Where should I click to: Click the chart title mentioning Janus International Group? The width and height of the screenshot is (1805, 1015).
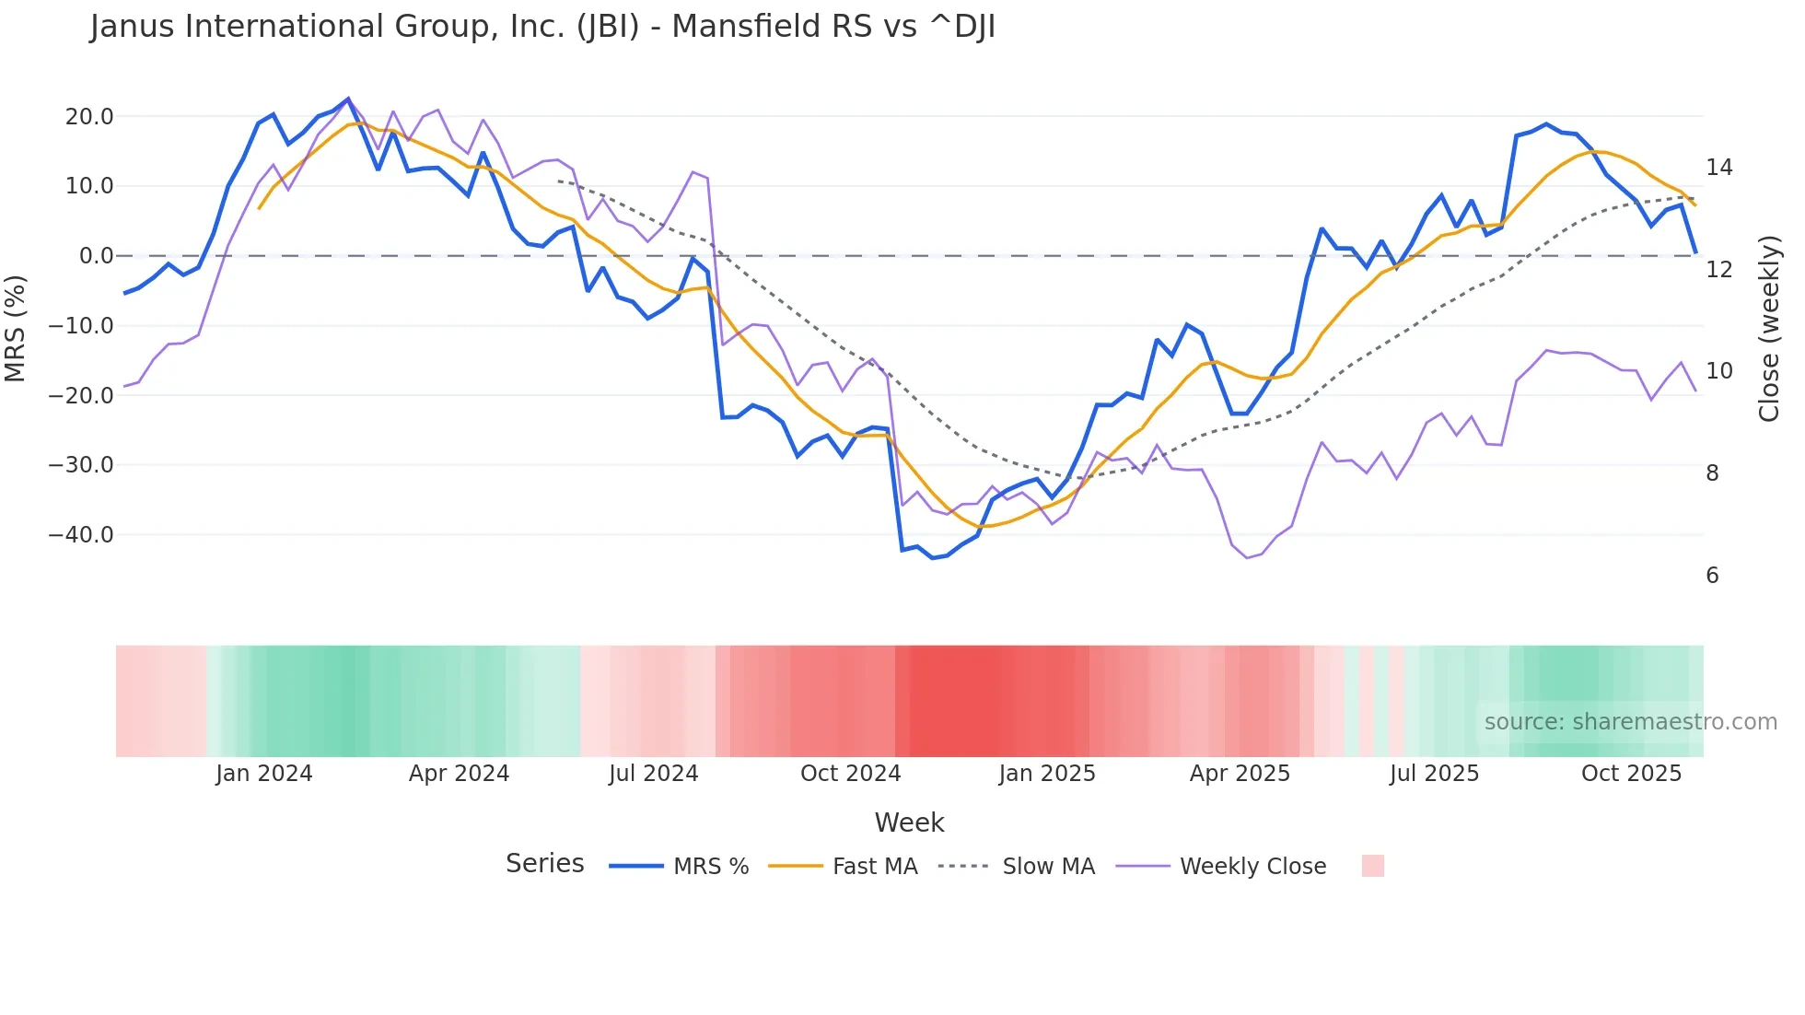[542, 27]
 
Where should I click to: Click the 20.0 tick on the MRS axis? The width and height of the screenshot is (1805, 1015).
[89, 117]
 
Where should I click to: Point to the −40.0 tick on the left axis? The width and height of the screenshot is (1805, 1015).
[81, 535]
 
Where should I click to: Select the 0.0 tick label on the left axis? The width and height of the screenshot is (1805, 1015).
[96, 256]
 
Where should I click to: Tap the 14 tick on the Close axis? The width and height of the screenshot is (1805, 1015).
[1718, 168]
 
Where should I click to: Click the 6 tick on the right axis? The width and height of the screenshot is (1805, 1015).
[1712, 576]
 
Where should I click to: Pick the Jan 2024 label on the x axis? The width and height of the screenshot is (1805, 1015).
[264, 774]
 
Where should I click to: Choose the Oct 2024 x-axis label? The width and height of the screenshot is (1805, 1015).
[850, 774]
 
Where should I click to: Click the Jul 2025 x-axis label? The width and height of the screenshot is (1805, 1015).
[1434, 774]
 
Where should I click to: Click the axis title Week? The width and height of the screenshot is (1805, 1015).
[909, 822]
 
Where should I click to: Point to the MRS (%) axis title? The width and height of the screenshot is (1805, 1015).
[16, 328]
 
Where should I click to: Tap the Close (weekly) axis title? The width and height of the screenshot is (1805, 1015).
[1769, 329]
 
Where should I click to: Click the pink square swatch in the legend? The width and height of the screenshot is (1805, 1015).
[1372, 866]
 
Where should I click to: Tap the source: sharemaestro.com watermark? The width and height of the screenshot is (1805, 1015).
[1630, 722]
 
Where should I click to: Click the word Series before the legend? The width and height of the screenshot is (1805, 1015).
[544, 864]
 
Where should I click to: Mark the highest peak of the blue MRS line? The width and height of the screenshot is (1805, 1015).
[348, 99]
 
